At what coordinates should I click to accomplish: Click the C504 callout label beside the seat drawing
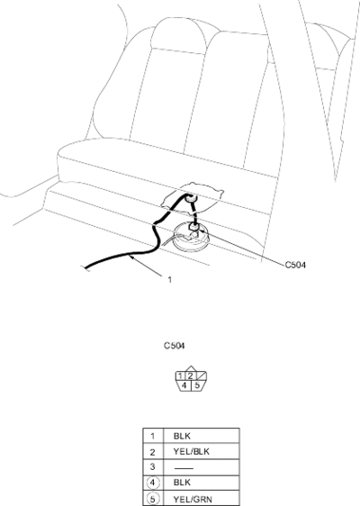coord(295,265)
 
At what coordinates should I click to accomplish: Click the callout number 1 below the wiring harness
coord(170,279)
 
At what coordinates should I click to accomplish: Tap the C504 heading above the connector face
coord(175,346)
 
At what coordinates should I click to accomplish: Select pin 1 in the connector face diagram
coord(180,375)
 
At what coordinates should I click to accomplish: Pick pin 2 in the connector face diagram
coord(190,375)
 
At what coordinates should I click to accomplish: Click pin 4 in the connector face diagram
coord(184,385)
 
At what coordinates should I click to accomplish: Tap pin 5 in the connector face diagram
coord(197,385)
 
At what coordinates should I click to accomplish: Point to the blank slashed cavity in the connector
coord(201,375)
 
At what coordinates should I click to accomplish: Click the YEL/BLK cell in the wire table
coord(192,451)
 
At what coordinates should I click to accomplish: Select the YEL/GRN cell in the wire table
coord(193,499)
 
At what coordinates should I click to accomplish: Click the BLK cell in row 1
coord(182,436)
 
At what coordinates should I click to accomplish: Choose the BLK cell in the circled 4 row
coord(182,483)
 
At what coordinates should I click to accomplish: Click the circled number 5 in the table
coord(153,499)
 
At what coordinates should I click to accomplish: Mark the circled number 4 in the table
coord(153,483)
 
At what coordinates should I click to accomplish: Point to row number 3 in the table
coord(153,466)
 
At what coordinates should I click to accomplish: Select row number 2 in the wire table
coord(153,452)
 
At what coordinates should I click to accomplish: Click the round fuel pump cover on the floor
coord(192,239)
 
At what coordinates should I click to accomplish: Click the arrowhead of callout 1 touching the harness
coord(130,258)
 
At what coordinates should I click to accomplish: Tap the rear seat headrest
coord(178,35)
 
